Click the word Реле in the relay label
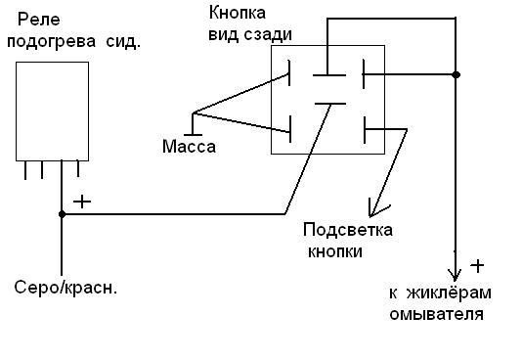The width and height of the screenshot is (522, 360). point(39,20)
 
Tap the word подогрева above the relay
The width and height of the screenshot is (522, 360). point(52,42)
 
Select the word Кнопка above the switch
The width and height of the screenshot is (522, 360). point(238,14)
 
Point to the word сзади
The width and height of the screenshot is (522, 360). point(268,34)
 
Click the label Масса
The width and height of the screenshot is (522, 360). point(189,147)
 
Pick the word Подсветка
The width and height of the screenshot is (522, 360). point(348,230)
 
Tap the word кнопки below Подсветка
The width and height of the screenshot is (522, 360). point(335,251)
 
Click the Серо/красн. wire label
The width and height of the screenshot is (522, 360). point(65,288)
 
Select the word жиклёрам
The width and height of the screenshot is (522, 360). point(450,293)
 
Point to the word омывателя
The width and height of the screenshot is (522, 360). point(436,314)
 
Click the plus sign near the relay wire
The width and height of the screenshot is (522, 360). point(82,202)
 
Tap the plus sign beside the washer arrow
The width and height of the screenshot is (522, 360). point(477,266)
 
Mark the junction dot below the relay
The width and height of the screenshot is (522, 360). point(62,214)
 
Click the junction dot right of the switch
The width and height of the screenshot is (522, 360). point(457,74)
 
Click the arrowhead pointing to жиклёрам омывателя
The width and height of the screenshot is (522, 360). point(456,273)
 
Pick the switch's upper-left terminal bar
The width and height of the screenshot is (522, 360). point(289,72)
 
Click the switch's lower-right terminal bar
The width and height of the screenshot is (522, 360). point(365,130)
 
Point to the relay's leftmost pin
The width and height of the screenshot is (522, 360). point(25,170)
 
